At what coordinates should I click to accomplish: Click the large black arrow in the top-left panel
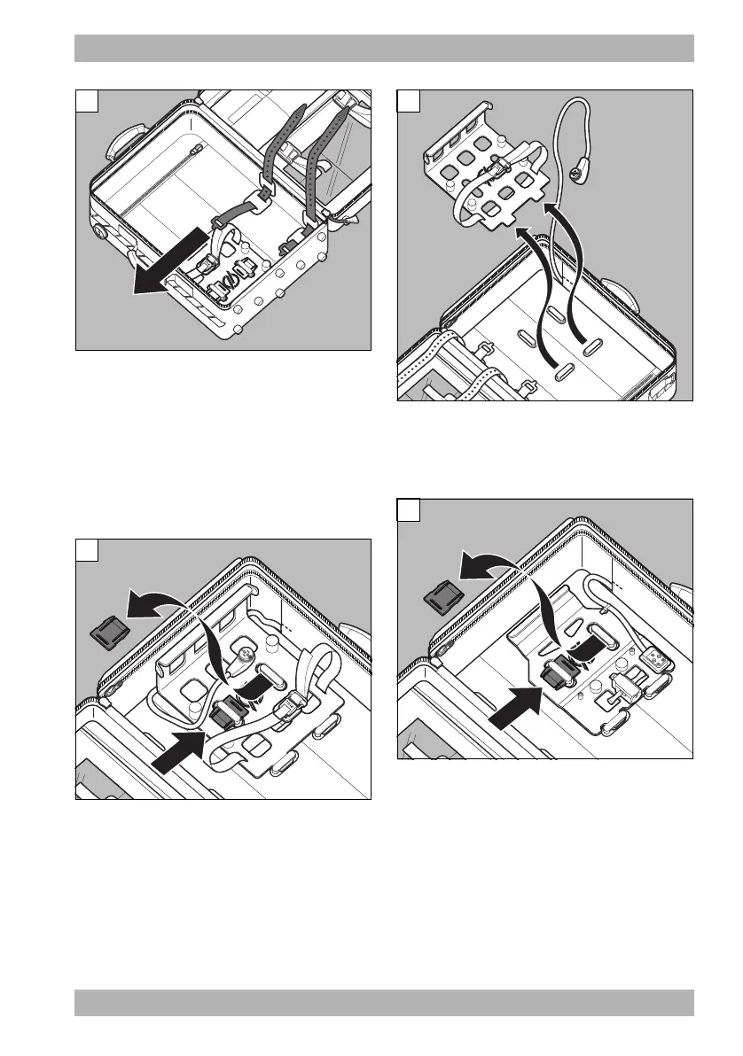tap(168, 269)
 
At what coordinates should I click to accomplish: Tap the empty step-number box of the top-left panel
tap(86, 102)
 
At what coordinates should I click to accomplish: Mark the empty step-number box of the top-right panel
tap(408, 102)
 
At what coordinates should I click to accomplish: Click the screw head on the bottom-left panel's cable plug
tap(243, 658)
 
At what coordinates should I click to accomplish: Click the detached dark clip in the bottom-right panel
tap(440, 598)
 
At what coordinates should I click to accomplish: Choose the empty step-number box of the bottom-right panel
tap(408, 511)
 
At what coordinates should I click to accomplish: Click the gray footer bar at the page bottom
tap(384, 1003)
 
